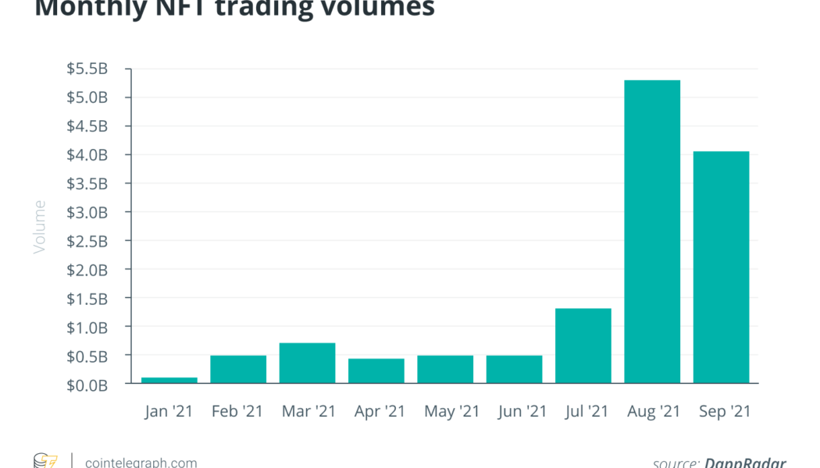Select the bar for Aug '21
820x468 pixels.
(652, 232)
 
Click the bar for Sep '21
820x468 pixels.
(721, 267)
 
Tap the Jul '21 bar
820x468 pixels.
(583, 346)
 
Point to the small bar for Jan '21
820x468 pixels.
(169, 380)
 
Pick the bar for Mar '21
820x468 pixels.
(307, 363)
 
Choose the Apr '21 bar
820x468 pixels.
(376, 370)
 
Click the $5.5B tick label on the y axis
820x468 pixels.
(87, 69)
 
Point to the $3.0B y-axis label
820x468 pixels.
(87, 212)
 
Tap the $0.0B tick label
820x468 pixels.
(87, 385)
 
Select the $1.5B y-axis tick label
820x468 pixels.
(87, 299)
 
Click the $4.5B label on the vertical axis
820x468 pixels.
(87, 126)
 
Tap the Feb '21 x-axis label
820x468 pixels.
(238, 411)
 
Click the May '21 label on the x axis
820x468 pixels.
(445, 411)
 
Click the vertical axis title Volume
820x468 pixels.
(40, 226)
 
